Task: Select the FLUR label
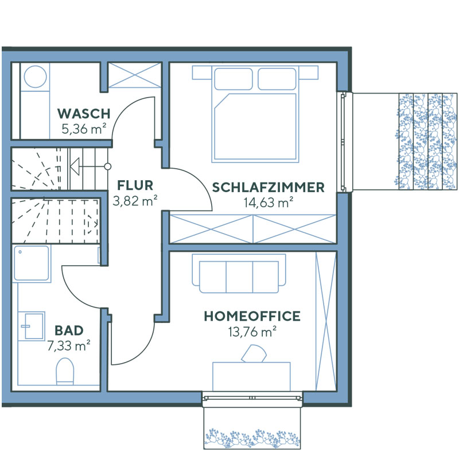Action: [135, 185]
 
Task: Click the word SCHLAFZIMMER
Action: [269, 187]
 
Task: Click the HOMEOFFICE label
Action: [252, 316]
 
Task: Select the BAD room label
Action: [69, 330]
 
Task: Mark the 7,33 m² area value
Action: [69, 345]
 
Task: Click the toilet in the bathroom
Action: [65, 371]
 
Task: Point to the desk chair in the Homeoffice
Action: [255, 354]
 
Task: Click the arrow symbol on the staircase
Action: [75, 167]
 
